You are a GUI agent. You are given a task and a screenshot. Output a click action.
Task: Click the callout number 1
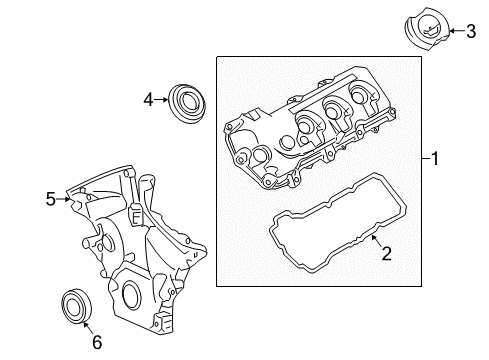[x=435, y=158]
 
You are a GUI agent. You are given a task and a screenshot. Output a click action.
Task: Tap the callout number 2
[x=386, y=253]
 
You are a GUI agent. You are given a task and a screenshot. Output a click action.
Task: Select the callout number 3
[x=471, y=31]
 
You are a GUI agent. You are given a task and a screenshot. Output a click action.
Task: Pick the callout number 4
[x=148, y=99]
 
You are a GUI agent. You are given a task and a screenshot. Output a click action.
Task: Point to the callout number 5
[x=51, y=199]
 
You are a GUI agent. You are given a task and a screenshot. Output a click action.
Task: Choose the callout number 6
[x=97, y=342]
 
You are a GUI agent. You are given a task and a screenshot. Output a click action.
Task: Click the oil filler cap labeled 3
[x=427, y=30]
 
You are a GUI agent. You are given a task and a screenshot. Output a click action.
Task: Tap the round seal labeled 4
[x=187, y=104]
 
